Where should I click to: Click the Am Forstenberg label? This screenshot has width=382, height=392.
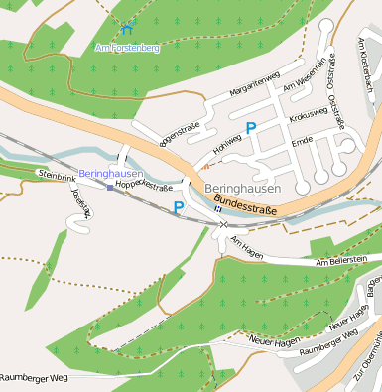(126, 46)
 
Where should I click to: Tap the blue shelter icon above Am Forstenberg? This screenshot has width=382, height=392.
(128, 28)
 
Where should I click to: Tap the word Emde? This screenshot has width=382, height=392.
(302, 142)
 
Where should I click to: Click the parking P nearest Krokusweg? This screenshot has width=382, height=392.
(251, 127)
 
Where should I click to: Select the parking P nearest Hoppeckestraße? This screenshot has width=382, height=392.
(179, 207)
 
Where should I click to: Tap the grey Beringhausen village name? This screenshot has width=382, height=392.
(242, 188)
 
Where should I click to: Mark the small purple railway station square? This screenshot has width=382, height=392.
(110, 187)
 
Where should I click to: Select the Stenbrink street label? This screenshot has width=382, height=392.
(56, 174)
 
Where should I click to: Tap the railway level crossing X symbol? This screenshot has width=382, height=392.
(221, 224)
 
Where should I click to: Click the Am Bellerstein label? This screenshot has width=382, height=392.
(341, 261)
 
